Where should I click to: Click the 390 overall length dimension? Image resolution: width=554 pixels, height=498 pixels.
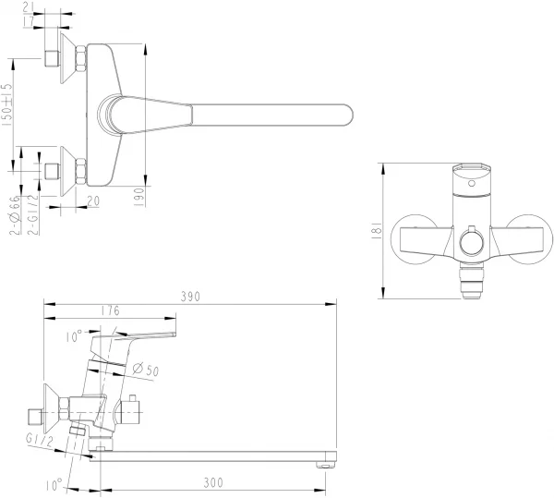point(190,297)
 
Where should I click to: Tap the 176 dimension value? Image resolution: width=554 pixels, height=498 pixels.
point(110,311)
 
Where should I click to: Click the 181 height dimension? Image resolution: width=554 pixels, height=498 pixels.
point(370,230)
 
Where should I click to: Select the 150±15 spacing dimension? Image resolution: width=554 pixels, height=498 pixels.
point(7,105)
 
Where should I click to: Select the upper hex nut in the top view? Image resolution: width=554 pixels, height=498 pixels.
point(80,59)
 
